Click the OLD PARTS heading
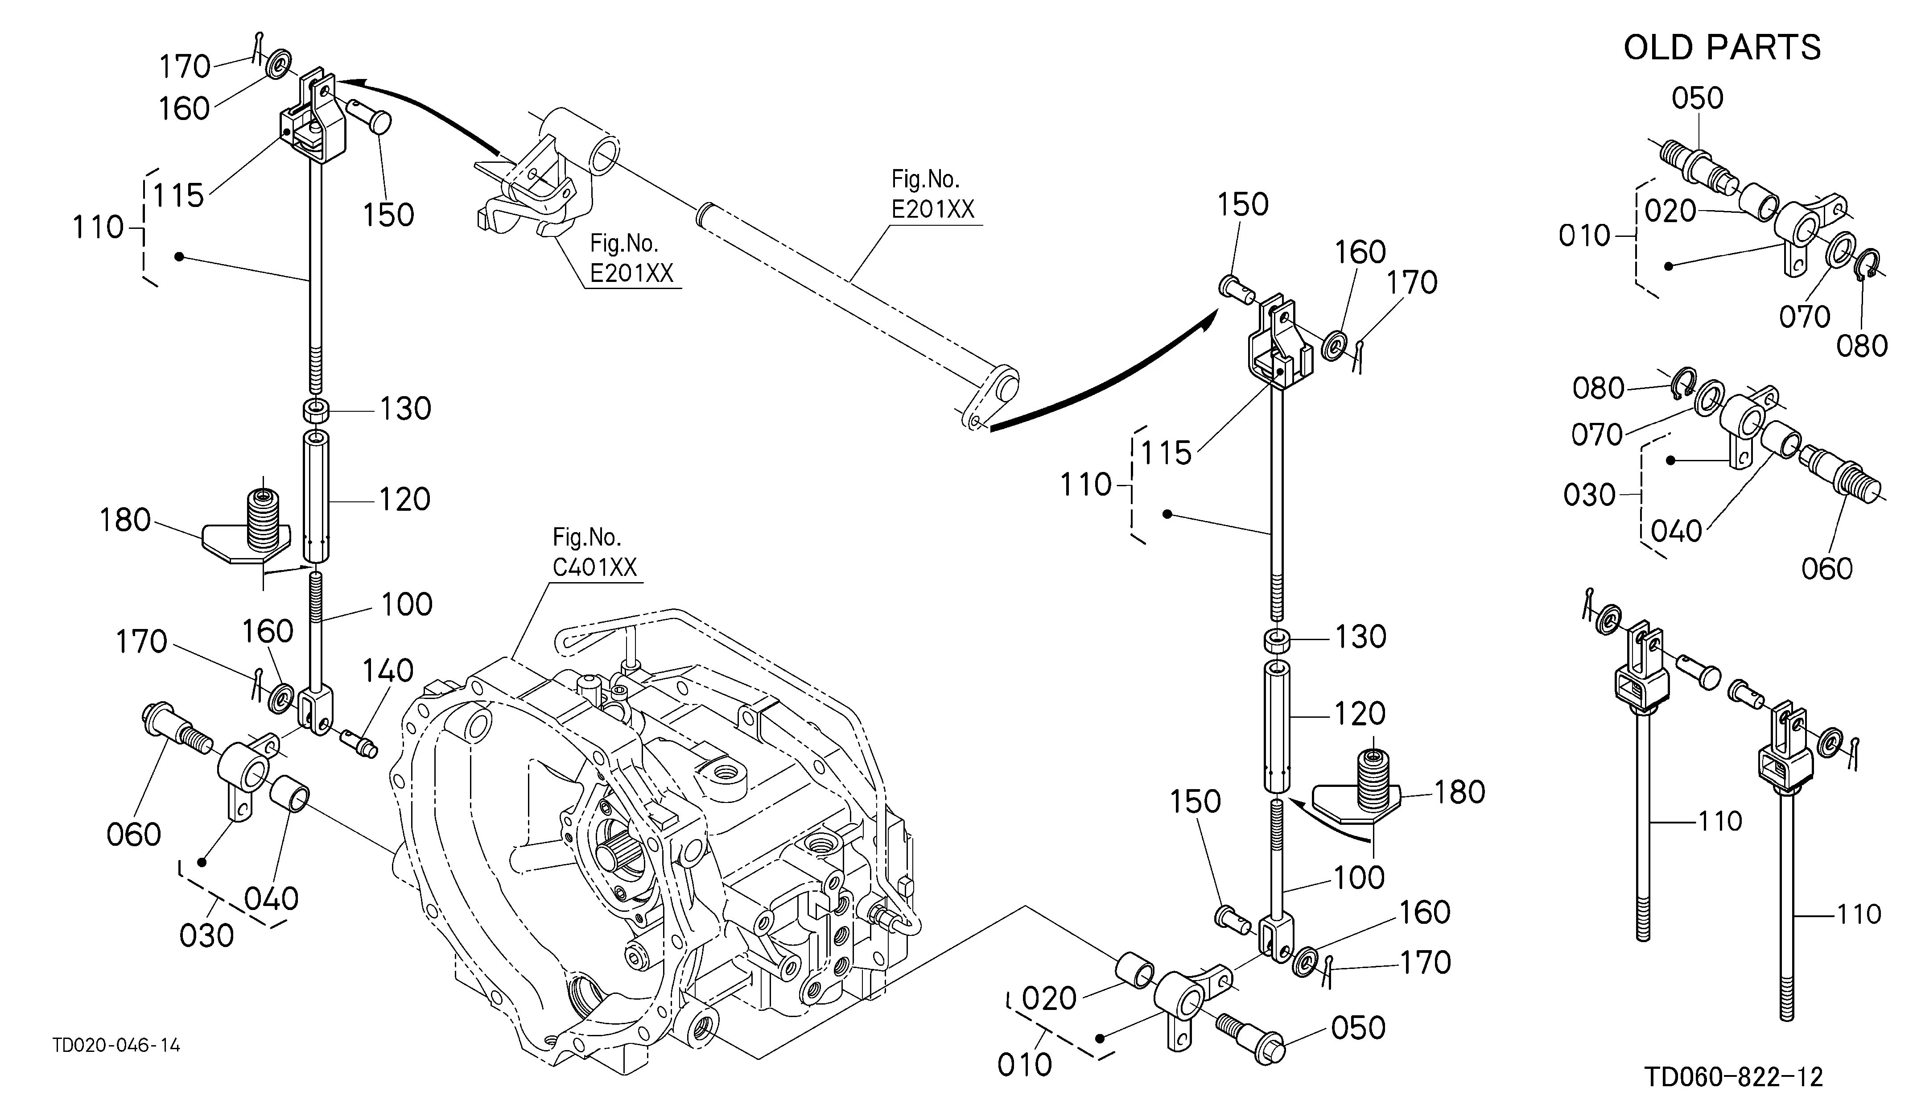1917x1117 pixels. pos(1722,47)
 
